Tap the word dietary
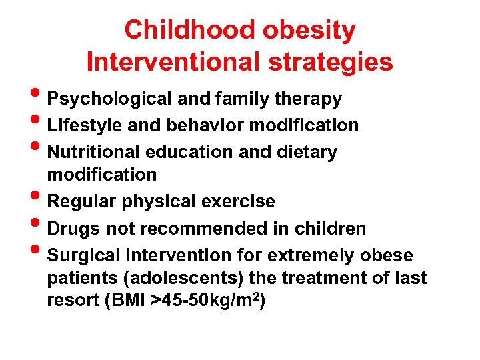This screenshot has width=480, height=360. tap(306, 151)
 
